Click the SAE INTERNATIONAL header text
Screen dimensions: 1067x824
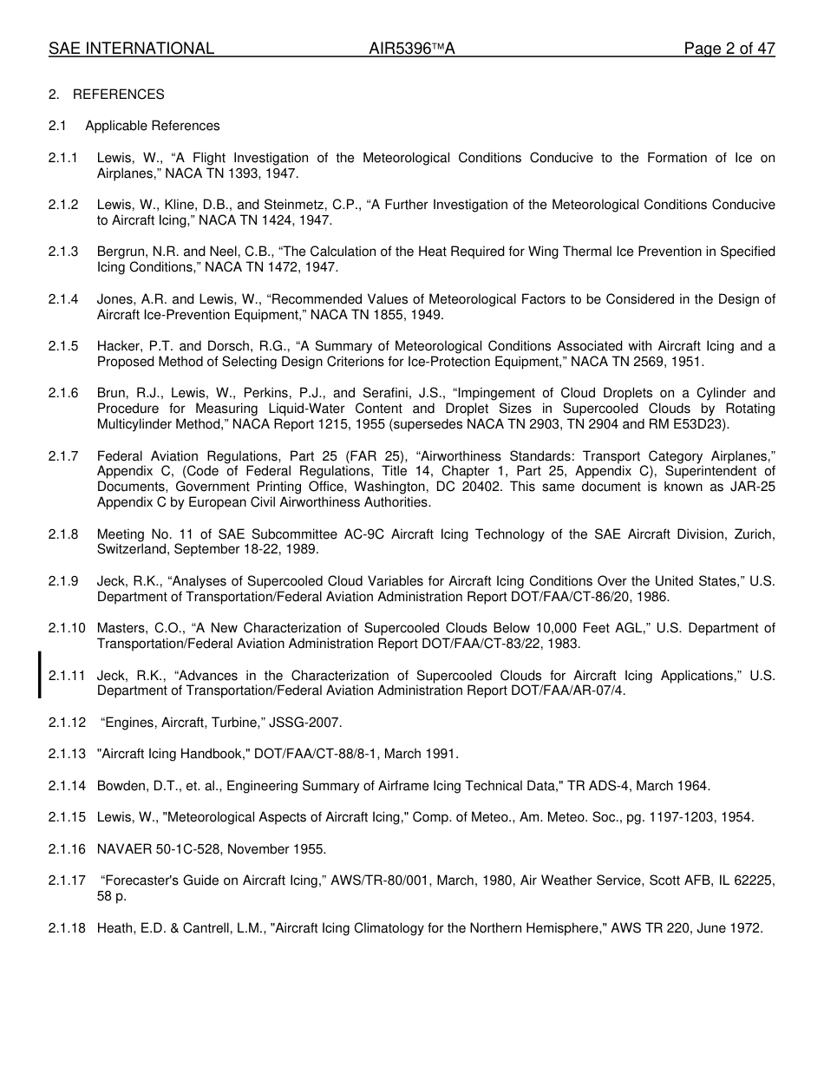point(131,49)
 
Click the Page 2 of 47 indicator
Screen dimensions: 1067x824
point(729,49)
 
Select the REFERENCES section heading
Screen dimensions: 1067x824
point(118,95)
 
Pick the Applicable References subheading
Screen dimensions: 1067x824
point(153,126)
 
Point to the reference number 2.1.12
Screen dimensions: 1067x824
point(67,723)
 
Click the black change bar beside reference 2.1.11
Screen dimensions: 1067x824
point(39,675)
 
